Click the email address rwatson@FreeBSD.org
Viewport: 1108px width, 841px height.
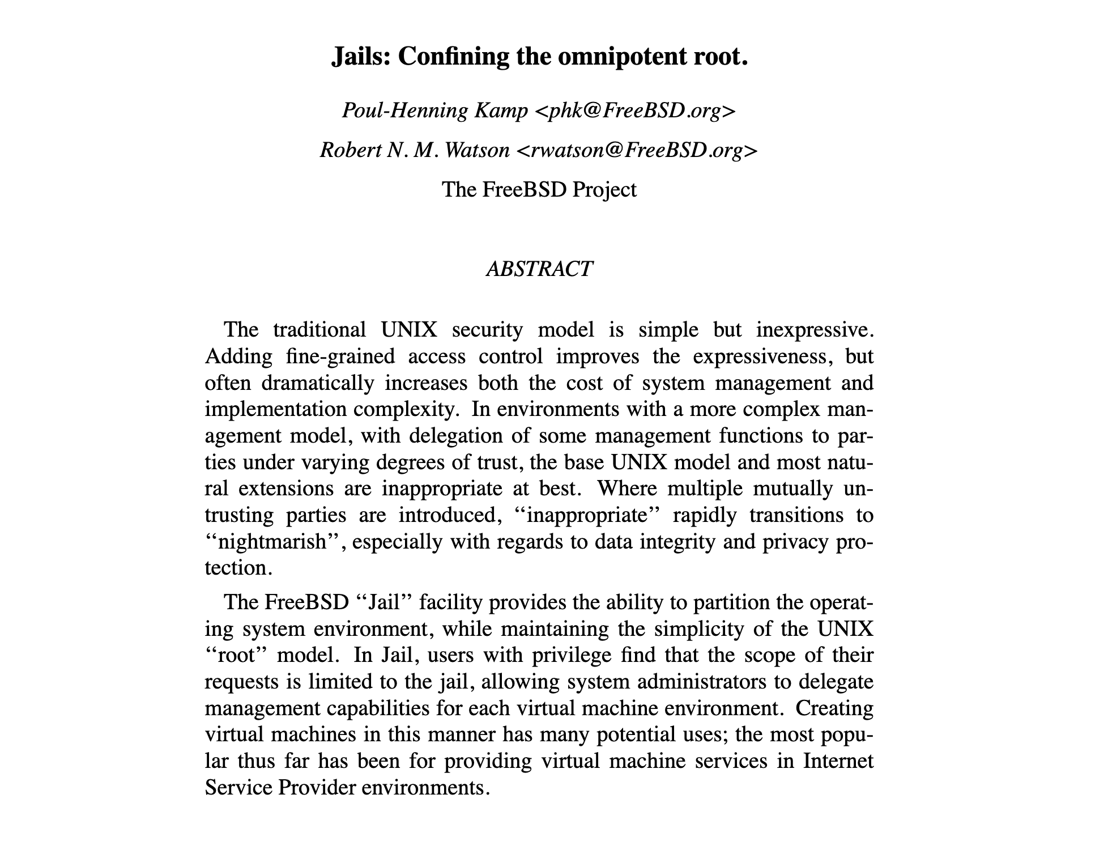coord(636,150)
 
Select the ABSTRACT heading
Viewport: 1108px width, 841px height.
coord(539,269)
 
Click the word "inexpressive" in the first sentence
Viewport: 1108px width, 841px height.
coord(813,330)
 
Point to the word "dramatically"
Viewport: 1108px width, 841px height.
coord(318,383)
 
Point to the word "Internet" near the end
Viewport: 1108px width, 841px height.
coord(838,761)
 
